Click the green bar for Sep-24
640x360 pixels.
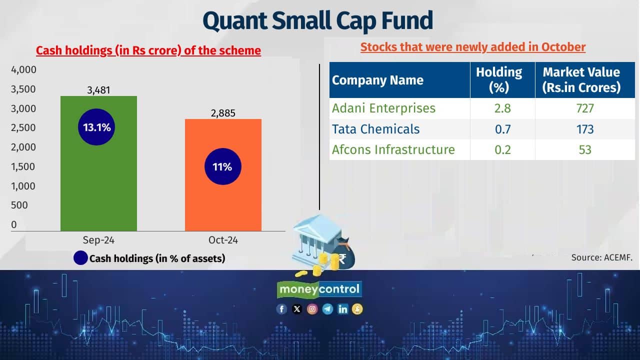pyautogui.click(x=98, y=190)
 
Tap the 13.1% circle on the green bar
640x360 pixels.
pyautogui.click(x=97, y=127)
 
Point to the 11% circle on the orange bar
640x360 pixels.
pyautogui.click(x=222, y=166)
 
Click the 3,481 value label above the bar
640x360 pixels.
pyautogui.click(x=98, y=90)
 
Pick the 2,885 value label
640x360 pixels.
pyautogui.click(x=223, y=113)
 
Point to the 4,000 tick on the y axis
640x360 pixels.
pyautogui.click(x=23, y=69)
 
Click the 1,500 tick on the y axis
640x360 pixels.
pyautogui.click(x=23, y=166)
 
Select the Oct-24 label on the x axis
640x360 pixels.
pyautogui.click(x=223, y=240)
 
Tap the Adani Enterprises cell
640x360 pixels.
pyautogui.click(x=383, y=108)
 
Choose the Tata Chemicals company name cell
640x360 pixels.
pyautogui.click(x=375, y=129)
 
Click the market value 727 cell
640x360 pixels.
pyautogui.click(x=584, y=108)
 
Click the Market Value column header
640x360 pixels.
pyautogui.click(x=581, y=79)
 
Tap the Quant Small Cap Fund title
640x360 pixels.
pyautogui.click(x=317, y=20)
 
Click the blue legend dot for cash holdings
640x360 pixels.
pyautogui.click(x=80, y=258)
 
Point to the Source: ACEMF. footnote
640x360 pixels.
pyautogui.click(x=602, y=258)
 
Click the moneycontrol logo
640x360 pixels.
pyautogui.click(x=319, y=289)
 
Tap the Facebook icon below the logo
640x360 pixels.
pyautogui.click(x=281, y=309)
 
